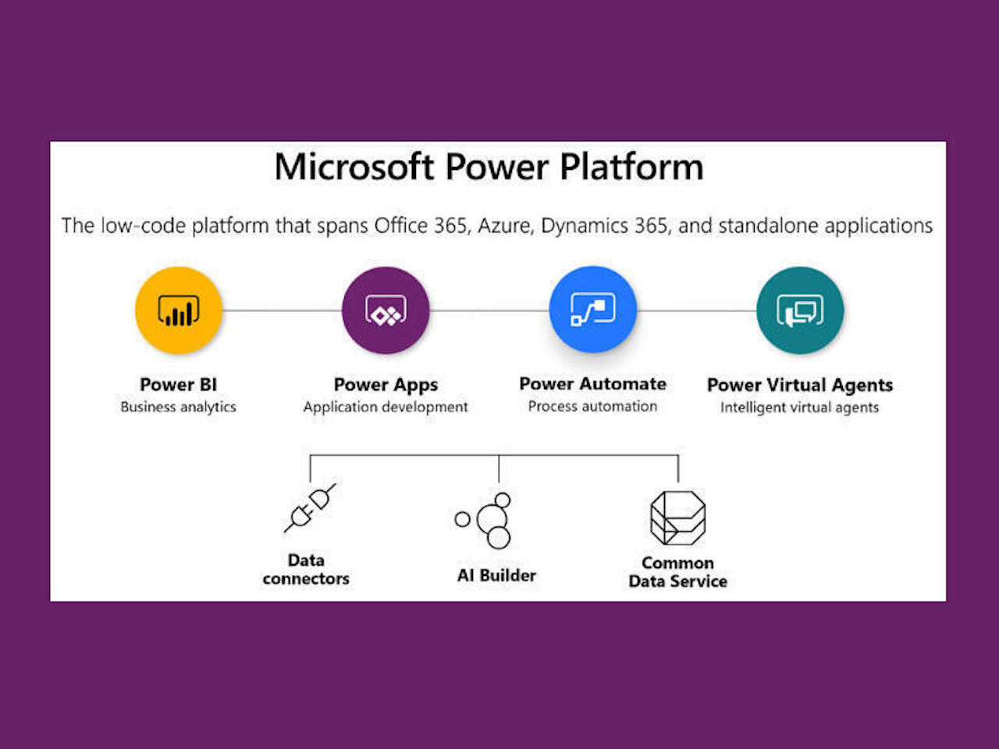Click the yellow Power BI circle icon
pos(179,311)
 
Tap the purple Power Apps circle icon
pos(386,311)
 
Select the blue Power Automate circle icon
pos(592,310)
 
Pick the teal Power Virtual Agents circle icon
pos(800,311)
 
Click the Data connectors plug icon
pos(310,509)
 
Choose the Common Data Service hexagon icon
pos(677,519)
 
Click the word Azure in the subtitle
pos(504,226)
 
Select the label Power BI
pos(178,385)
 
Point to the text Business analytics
pos(178,406)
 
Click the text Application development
pos(386,406)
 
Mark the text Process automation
pos(592,406)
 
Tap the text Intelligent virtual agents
pos(799,407)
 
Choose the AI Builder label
pos(496,576)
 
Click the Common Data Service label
pos(677,572)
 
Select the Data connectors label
pos(306,570)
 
